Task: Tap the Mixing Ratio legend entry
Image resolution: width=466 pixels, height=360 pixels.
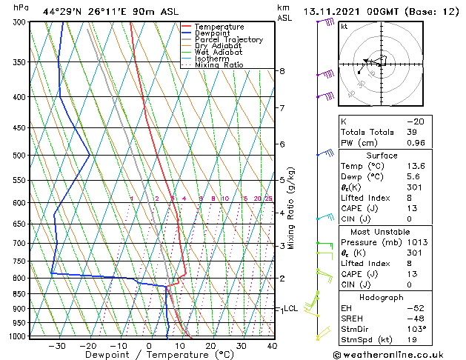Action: coord(219,65)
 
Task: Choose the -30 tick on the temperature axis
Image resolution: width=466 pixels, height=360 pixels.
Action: coord(57,346)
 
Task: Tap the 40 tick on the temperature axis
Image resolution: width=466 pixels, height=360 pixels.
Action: coord(272,346)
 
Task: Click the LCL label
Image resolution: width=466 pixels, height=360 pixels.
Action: coord(291,308)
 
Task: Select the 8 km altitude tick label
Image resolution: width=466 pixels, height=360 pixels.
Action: coord(282,71)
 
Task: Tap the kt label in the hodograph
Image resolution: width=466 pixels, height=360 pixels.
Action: coord(344,26)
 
